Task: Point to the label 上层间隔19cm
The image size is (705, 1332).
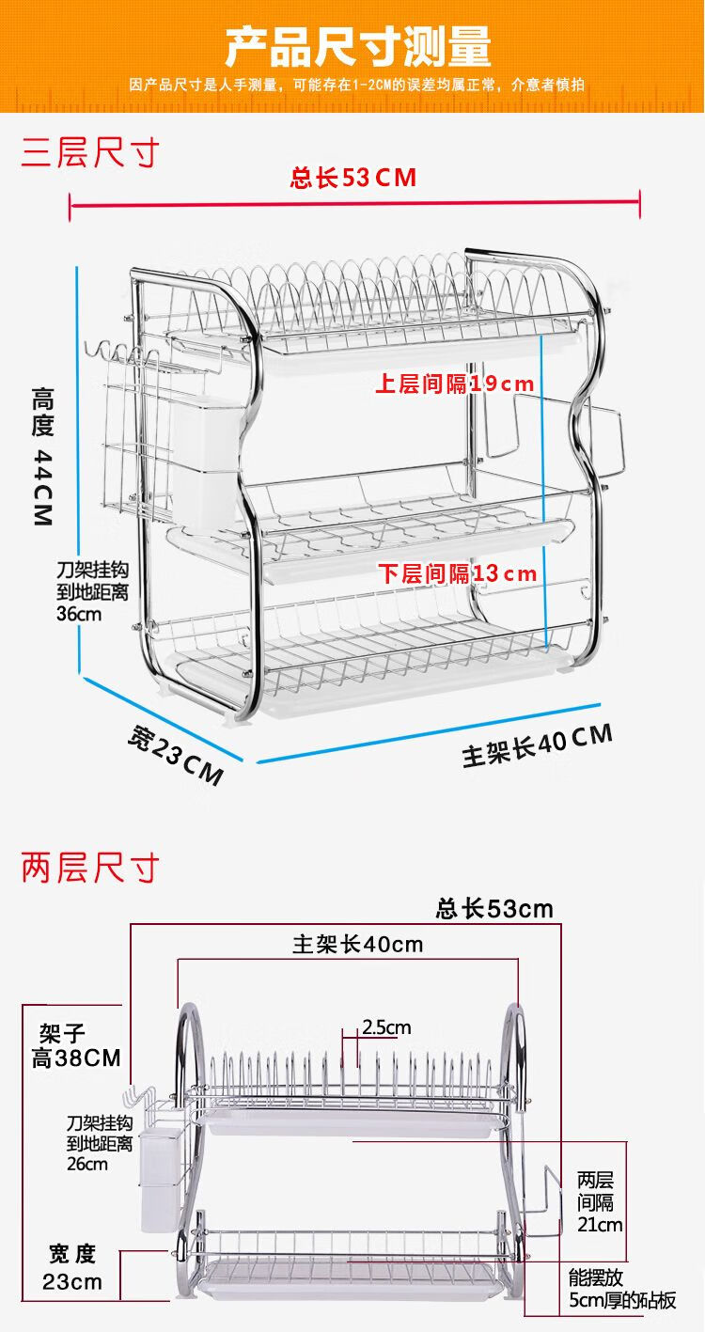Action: (455, 384)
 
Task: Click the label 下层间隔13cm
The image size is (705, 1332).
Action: (458, 573)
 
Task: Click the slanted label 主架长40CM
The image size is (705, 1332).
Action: (537, 745)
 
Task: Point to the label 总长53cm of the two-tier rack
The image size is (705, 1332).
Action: (494, 909)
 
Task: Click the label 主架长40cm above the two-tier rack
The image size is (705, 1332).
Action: (357, 945)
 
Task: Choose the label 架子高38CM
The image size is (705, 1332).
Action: (76, 1046)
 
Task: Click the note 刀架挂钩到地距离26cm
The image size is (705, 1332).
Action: (99, 1143)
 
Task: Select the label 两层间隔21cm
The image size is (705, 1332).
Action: (600, 1201)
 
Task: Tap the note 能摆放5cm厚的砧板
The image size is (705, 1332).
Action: (621, 1290)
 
